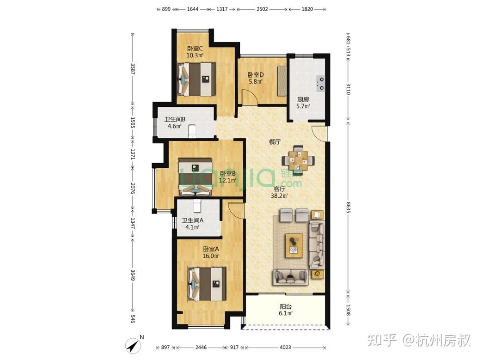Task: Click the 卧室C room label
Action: (195, 49)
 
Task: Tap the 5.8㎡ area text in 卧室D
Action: (255, 82)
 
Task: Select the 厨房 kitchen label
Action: (303, 99)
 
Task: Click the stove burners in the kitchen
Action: (320, 83)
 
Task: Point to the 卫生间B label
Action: (175, 120)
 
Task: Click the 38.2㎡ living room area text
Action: (279, 195)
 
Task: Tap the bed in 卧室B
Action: (196, 176)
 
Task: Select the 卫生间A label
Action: (192, 221)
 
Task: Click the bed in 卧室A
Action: (207, 284)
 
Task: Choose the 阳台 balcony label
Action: (286, 306)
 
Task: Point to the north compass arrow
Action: (134, 345)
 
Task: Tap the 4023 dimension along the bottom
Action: (285, 347)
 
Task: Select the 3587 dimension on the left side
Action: (133, 69)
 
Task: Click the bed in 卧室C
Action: (196, 79)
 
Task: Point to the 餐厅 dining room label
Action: (275, 142)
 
